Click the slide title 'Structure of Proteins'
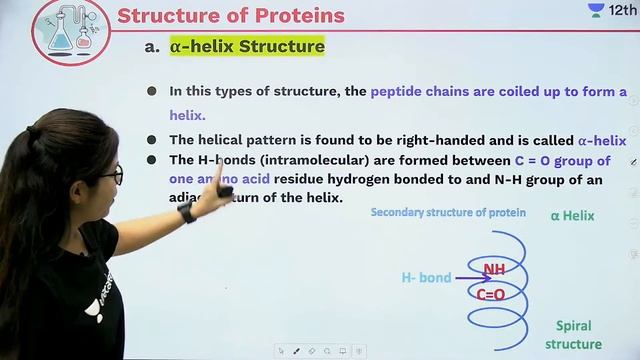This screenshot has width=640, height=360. tap(231, 15)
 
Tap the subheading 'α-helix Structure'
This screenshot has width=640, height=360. tap(247, 46)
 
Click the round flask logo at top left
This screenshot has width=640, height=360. tap(70, 30)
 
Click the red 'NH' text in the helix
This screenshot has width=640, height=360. tap(494, 269)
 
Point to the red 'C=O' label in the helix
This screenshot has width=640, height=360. tap(490, 294)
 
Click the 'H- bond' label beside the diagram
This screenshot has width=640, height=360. tap(426, 277)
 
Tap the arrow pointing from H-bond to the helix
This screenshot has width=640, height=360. tap(468, 278)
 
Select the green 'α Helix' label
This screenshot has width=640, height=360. tap(572, 215)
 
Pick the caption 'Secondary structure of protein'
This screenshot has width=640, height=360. tap(447, 212)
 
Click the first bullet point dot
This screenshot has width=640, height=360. tap(152, 91)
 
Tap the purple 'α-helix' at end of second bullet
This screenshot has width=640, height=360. tap(602, 140)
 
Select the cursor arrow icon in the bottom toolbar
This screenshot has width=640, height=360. tap(281, 351)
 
